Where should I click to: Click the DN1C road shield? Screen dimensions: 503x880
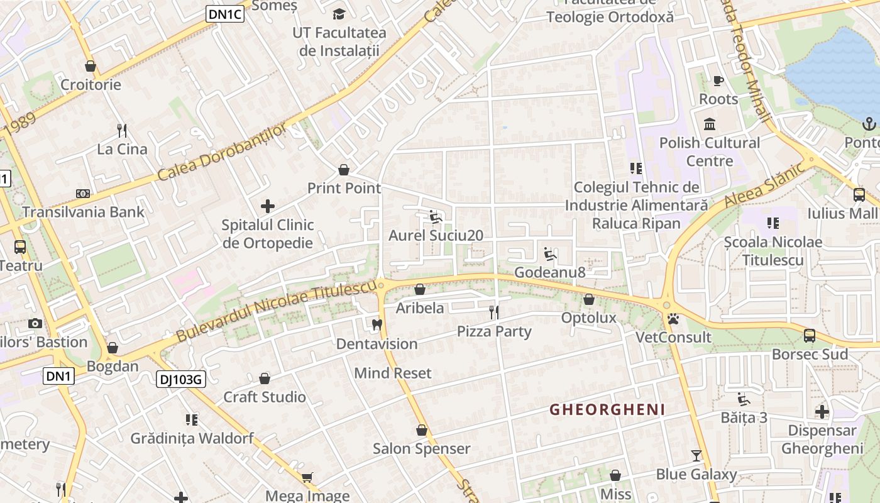pyautogui.click(x=224, y=14)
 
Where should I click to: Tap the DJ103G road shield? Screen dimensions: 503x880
pyautogui.click(x=181, y=379)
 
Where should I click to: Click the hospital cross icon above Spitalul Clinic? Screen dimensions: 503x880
pyautogui.click(x=268, y=206)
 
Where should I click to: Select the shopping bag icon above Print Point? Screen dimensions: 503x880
pyautogui.click(x=344, y=169)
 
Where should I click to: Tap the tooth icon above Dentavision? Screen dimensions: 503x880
pyautogui.click(x=377, y=324)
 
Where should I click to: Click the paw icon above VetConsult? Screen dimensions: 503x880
pyautogui.click(x=674, y=319)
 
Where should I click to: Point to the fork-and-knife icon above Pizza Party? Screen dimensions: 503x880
pyautogui.click(x=494, y=312)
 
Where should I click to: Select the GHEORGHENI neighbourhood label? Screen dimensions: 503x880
pyautogui.click(x=607, y=410)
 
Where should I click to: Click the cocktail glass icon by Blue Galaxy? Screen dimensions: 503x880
pyautogui.click(x=696, y=455)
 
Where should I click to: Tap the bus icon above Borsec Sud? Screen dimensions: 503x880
pyautogui.click(x=810, y=335)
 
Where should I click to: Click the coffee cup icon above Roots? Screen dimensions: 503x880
pyautogui.click(x=718, y=80)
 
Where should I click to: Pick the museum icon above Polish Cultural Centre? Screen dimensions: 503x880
pyautogui.click(x=710, y=123)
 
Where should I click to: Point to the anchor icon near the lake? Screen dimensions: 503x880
pyautogui.click(x=870, y=123)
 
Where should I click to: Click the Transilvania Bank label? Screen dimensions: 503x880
pyautogui.click(x=84, y=212)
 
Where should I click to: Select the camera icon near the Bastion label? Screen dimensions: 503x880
pyautogui.click(x=35, y=323)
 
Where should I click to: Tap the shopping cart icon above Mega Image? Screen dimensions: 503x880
pyautogui.click(x=307, y=477)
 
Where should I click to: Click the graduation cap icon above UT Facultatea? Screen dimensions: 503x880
pyautogui.click(x=339, y=14)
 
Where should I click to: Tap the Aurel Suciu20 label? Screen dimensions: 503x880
pyautogui.click(x=436, y=236)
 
